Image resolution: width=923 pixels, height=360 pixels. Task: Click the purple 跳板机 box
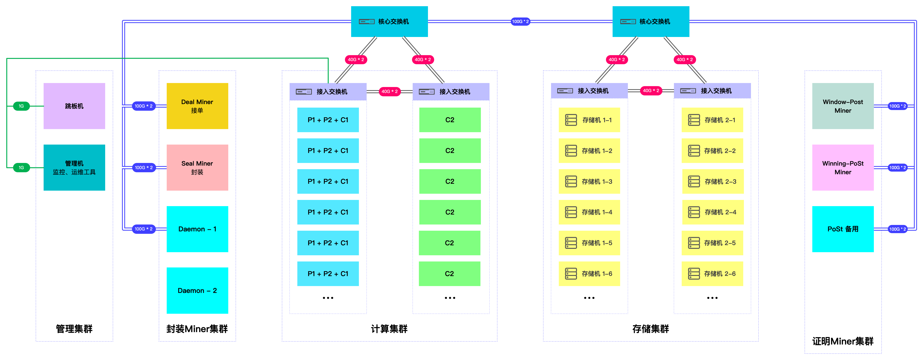tap(74, 106)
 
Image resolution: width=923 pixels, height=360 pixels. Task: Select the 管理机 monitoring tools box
tap(74, 167)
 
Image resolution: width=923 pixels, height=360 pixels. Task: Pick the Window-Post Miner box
tap(843, 106)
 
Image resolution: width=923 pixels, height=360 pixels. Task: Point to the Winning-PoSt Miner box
tap(843, 167)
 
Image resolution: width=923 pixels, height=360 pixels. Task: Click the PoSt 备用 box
tap(843, 229)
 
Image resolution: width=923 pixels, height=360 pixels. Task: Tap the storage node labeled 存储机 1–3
tap(589, 182)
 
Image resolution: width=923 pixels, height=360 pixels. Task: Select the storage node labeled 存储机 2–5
tap(712, 243)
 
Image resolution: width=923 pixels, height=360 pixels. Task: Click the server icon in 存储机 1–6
tap(571, 274)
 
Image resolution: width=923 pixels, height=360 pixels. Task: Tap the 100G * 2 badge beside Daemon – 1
tap(144, 229)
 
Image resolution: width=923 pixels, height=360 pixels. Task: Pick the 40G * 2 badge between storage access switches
tap(651, 91)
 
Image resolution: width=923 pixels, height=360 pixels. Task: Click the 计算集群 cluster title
tap(389, 329)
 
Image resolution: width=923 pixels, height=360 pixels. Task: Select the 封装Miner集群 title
tap(197, 329)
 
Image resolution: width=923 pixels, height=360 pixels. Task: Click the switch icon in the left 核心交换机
tap(367, 21)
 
